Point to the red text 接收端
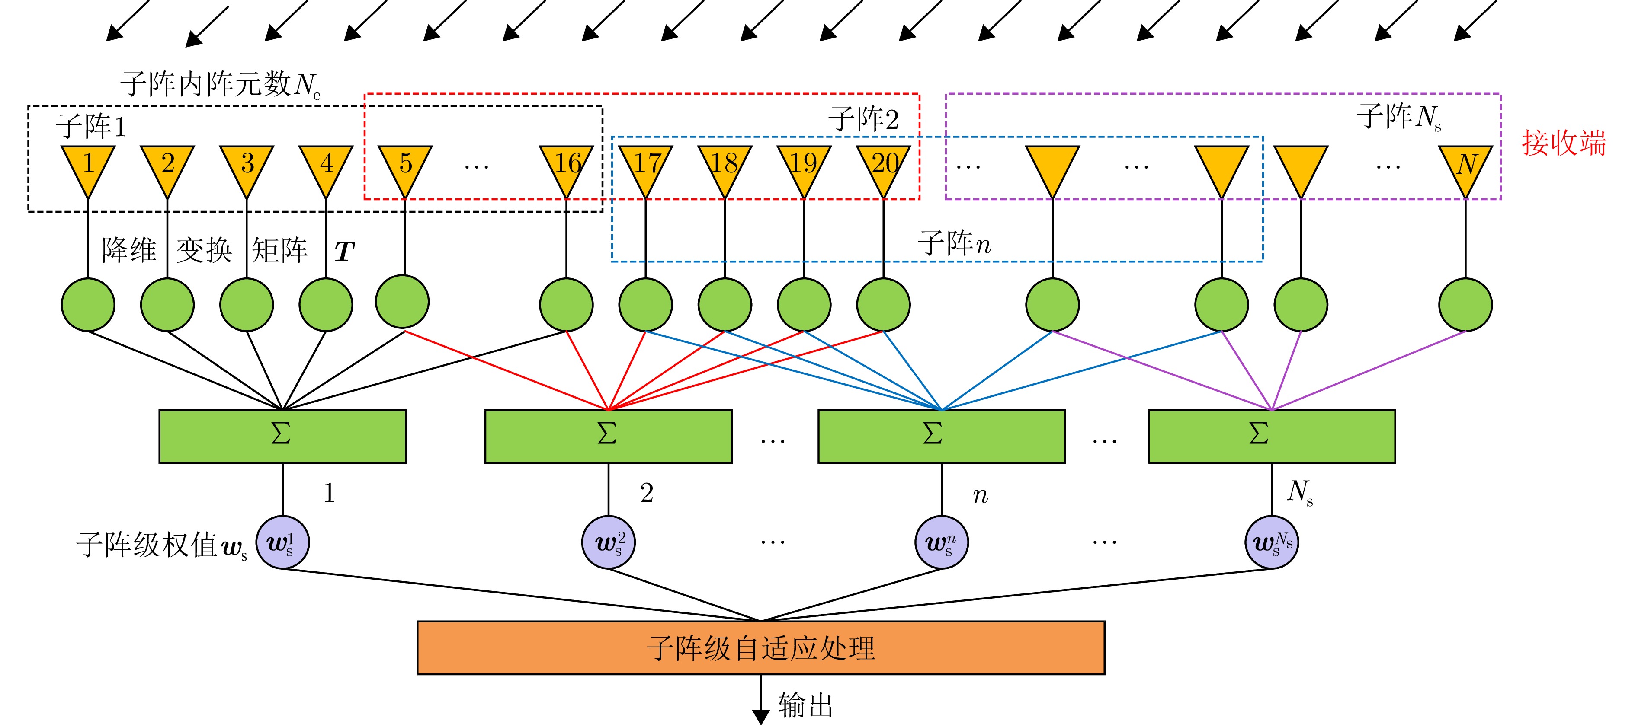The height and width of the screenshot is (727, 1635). [x=1563, y=143]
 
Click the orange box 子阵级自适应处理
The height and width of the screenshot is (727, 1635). [x=760, y=648]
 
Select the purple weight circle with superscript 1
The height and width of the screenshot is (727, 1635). [x=282, y=542]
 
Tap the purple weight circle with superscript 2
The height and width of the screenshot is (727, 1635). [x=608, y=542]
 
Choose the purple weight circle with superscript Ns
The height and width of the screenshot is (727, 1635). [x=1271, y=542]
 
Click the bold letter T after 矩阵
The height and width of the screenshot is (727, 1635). [x=344, y=252]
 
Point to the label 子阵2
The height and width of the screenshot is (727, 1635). [x=863, y=120]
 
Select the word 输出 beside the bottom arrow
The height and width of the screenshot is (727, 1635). [x=805, y=705]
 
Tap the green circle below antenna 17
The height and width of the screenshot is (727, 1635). [x=645, y=305]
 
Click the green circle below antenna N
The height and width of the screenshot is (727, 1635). [x=1465, y=305]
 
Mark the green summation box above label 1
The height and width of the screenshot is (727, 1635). [x=282, y=437]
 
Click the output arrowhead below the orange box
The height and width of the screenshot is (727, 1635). [x=760, y=717]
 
